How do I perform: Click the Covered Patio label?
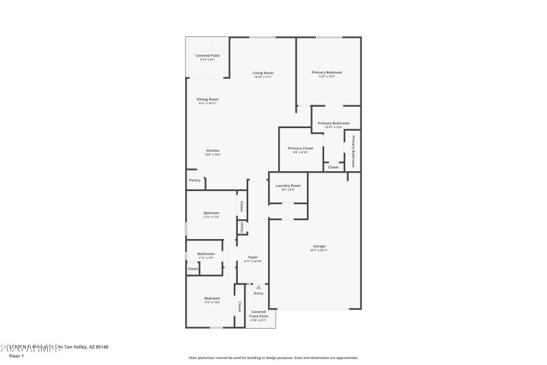coord(207,55)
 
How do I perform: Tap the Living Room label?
coord(263,73)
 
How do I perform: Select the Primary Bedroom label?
coord(327,72)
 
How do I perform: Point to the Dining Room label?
coord(207,99)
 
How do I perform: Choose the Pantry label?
coord(195,181)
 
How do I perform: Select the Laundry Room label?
coord(288,186)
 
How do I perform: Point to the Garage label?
coord(319,246)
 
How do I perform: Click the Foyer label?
coord(252,257)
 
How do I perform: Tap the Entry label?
coord(258,294)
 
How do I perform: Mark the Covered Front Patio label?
coord(258,314)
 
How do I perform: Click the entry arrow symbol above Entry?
coord(258,288)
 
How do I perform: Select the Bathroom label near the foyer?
coord(206,254)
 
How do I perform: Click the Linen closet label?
coord(241,227)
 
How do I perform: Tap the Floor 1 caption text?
coord(16,356)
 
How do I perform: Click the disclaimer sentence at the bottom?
coord(273,357)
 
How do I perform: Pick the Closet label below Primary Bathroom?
coord(333,167)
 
